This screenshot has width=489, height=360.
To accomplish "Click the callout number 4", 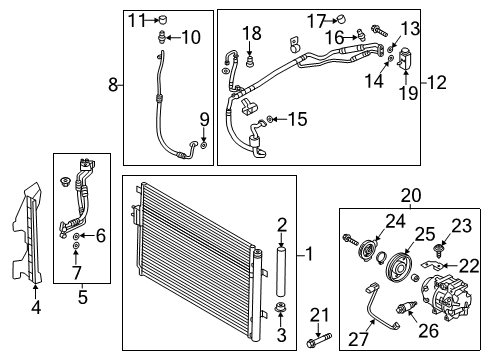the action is [x=36, y=307].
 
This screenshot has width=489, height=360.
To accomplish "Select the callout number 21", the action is [x=319, y=315].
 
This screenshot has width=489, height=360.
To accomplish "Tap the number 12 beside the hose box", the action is [x=437, y=82].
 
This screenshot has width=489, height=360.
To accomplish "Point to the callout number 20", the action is [x=411, y=196].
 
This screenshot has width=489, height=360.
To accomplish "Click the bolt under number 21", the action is [x=319, y=340].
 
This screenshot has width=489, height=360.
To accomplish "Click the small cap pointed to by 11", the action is [x=162, y=20].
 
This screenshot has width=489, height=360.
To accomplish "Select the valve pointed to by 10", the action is [x=162, y=37].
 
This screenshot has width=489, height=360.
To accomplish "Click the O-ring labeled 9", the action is [x=204, y=145].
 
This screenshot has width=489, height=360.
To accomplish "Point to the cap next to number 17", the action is [x=341, y=19].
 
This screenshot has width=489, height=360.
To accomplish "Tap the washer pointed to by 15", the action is [x=270, y=119].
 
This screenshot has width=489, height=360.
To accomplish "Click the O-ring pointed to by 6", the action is [x=76, y=236].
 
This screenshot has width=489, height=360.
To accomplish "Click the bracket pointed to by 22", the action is [x=432, y=265].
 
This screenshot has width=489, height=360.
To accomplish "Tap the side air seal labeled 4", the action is [x=27, y=233].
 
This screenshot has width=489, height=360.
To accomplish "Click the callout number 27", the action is [x=358, y=339].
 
